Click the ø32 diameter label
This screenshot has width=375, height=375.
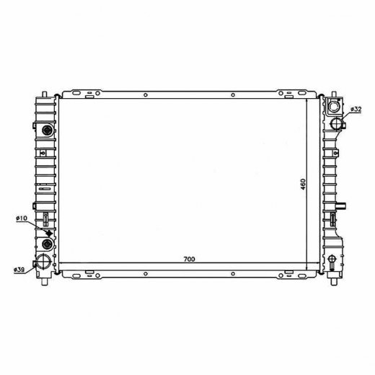tap(356, 110)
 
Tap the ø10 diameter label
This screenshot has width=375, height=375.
tap(22, 219)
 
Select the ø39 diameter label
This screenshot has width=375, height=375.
tap(19, 270)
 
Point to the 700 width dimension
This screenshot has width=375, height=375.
tap(189, 259)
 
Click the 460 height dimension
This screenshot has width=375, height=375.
tap(303, 184)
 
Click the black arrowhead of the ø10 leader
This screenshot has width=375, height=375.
tap(50, 233)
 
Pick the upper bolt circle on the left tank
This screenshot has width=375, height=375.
tap(47, 131)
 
